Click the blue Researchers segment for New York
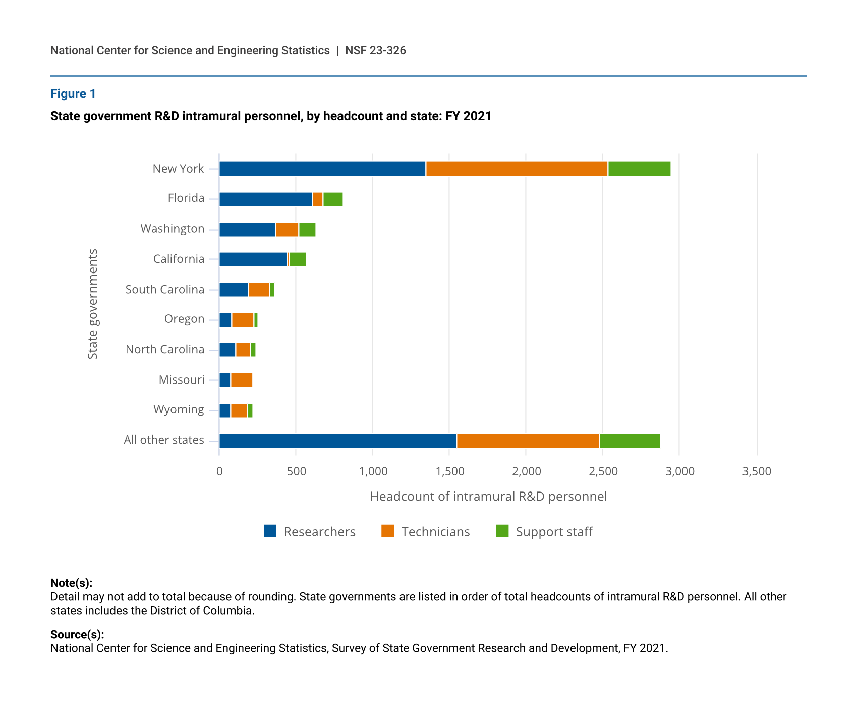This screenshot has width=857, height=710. [x=322, y=169]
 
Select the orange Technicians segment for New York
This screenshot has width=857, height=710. [x=517, y=169]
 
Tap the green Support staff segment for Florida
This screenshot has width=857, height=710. [x=333, y=199]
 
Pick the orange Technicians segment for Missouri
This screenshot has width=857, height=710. [x=242, y=380]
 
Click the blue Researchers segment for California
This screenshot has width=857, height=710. [x=253, y=259]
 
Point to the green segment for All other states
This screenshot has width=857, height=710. [x=630, y=441]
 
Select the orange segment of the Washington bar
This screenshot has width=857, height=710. [x=287, y=230]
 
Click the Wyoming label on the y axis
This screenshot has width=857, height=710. [x=179, y=409]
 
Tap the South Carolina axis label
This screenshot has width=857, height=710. [x=165, y=289]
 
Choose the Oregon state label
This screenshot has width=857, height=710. [x=184, y=319]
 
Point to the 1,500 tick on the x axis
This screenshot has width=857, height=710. [x=450, y=471]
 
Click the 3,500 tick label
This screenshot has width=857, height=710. [x=757, y=471]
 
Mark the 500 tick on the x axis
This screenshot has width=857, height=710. [x=296, y=471]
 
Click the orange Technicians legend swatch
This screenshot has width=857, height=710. [x=387, y=531]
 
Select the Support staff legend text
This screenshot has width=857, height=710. [x=554, y=532]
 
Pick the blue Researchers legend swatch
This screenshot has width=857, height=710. [x=270, y=531]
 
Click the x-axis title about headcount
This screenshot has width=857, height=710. [x=488, y=497]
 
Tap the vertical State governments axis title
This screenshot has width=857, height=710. [x=93, y=304]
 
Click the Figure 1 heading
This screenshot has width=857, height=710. [x=73, y=94]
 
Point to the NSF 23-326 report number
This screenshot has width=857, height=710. [x=375, y=50]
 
